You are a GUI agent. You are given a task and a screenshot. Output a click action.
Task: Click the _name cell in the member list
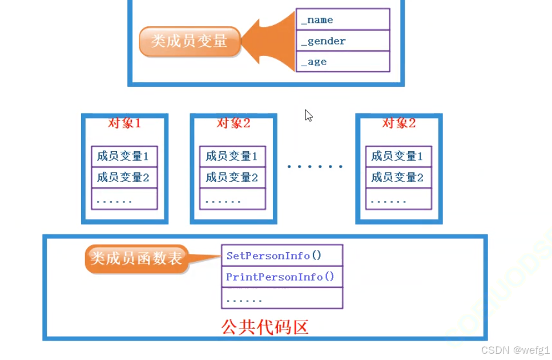click(343, 20)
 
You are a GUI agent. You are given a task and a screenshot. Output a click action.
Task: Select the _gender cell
click(343, 41)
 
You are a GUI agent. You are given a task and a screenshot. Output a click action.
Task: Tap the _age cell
click(343, 62)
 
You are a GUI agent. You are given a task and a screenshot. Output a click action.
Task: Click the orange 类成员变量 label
click(189, 41)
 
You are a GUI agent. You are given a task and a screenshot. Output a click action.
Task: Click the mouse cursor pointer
click(308, 115)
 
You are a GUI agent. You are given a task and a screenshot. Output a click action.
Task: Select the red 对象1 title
click(124, 123)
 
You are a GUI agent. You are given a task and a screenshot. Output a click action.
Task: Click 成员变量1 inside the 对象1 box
click(124, 156)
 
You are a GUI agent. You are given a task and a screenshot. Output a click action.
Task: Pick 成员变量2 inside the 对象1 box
click(124, 177)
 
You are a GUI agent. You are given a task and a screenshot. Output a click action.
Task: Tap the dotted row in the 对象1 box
click(124, 199)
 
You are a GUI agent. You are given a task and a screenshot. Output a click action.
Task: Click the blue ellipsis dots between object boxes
click(315, 167)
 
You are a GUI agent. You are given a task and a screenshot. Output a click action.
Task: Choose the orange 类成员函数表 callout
click(136, 258)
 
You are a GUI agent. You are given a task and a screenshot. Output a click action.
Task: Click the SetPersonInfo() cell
click(282, 256)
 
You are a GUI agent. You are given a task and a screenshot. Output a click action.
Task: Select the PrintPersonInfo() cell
click(282, 277)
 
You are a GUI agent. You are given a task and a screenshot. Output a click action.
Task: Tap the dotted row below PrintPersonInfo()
click(282, 298)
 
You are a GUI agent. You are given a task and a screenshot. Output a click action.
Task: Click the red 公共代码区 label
click(265, 327)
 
